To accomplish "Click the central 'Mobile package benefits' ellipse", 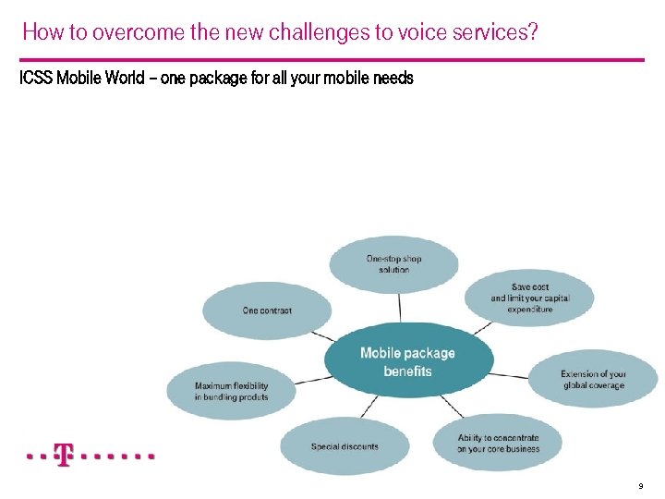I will point(408,360).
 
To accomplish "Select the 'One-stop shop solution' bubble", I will point(393,263).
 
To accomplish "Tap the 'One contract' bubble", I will point(267,310).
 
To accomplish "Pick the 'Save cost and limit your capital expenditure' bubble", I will point(529,298).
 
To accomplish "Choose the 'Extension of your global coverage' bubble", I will point(593,380).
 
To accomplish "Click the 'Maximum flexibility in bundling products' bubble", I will point(231,391).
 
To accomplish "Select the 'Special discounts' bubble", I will point(345,446).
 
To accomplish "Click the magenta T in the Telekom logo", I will point(63,456).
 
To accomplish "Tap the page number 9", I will point(639,486).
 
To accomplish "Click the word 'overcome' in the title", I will point(125,33).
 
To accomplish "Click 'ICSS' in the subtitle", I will point(36,79).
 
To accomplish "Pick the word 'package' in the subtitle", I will point(218,79).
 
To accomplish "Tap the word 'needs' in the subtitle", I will point(393,79).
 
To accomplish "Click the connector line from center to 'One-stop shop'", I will point(400,307).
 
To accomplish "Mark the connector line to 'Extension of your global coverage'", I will point(510,375).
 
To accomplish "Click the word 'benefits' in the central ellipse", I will point(407,371).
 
